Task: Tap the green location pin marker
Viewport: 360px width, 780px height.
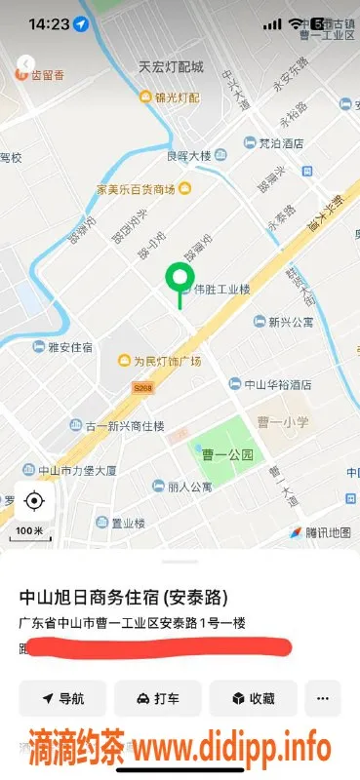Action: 179,279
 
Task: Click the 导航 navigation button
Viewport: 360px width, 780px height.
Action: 62,698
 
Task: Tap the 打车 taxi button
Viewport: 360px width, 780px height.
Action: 157,698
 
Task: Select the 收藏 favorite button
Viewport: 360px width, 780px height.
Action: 254,698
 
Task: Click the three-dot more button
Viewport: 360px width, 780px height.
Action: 323,698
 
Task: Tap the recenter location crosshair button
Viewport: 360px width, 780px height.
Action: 34,501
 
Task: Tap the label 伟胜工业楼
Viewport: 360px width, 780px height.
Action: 222,290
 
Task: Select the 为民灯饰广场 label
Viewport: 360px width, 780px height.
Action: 166,361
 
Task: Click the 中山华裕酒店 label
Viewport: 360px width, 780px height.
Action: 277,384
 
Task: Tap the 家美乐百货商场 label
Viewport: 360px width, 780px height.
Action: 136,188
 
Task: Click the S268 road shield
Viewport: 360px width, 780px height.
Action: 144,387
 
